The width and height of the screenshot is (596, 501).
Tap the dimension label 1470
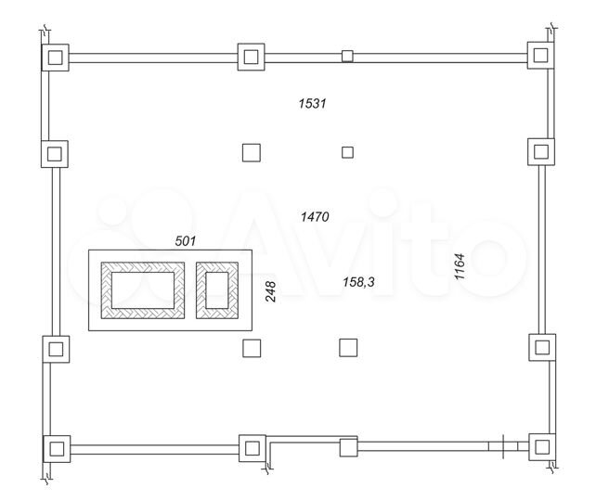tap(316, 216)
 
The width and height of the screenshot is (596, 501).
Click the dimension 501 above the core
tap(187, 240)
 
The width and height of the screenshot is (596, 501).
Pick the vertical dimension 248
tap(271, 292)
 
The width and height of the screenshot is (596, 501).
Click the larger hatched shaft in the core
tap(142, 289)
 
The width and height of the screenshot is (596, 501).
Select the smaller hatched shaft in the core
tap(217, 289)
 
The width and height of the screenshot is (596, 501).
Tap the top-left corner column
tap(56, 58)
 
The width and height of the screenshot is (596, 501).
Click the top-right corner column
tap(540, 54)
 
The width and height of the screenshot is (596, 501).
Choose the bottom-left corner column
tap(58, 449)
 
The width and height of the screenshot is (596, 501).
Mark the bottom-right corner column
tap(540, 446)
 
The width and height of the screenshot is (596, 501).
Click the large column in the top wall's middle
tap(251, 57)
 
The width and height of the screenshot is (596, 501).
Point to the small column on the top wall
tap(347, 56)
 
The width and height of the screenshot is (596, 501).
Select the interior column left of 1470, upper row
tap(251, 153)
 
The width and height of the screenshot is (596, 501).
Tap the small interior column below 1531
tap(348, 152)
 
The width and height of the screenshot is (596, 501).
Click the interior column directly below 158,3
tap(348, 347)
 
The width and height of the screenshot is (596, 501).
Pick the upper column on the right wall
tap(540, 151)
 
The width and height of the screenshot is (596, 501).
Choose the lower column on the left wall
tap(57, 349)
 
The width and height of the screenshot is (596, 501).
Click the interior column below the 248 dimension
tap(251, 348)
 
